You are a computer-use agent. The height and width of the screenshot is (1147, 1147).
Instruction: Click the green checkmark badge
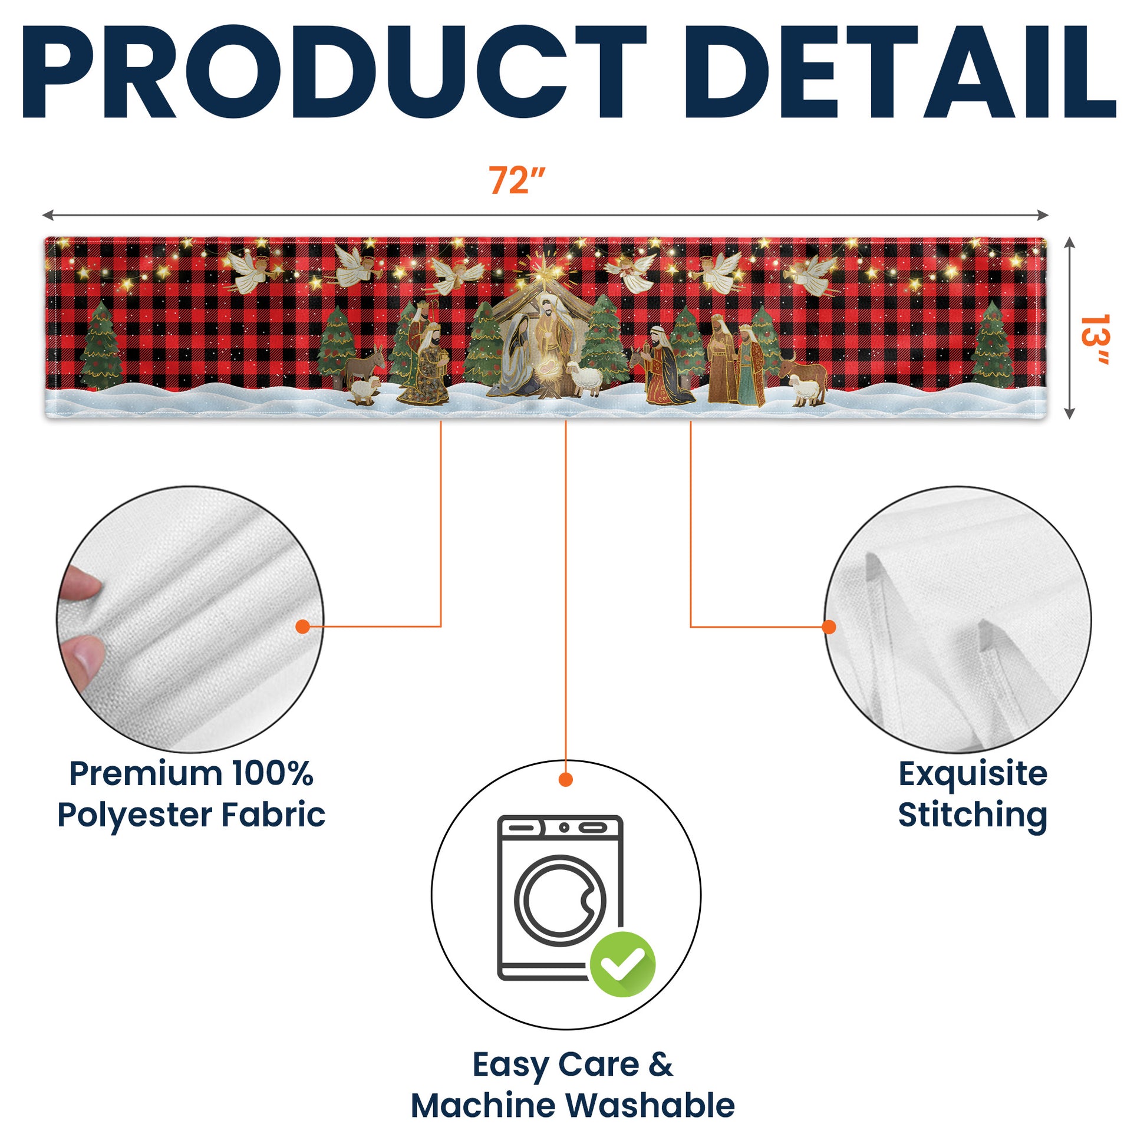click(623, 964)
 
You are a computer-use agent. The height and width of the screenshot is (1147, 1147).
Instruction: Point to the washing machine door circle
click(561, 900)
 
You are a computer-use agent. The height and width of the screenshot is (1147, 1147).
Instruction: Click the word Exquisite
click(973, 774)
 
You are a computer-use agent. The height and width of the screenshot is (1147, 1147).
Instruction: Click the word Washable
click(650, 1106)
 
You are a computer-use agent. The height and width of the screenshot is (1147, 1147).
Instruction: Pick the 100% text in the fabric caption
click(272, 774)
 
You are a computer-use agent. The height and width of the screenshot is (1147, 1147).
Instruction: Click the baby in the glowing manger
click(548, 373)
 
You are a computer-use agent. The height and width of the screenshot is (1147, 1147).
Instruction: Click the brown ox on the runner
click(805, 373)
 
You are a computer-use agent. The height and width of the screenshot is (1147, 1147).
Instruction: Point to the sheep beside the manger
click(584, 378)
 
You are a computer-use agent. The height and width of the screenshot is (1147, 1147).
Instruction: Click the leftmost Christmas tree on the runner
click(101, 347)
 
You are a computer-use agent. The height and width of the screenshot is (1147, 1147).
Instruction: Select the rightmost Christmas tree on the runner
click(992, 347)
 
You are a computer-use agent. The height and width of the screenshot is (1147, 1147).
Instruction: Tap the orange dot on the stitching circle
click(829, 627)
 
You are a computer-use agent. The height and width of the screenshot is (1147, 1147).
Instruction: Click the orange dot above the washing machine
click(566, 780)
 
